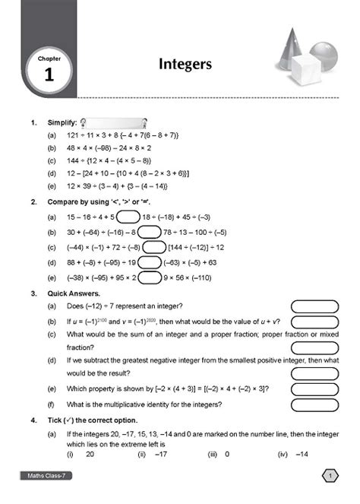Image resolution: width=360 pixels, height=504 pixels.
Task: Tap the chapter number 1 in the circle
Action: pos(49,74)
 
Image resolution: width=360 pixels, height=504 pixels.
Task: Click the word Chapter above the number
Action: pos(49,57)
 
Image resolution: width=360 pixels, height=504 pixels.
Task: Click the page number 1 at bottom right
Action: pos(330,476)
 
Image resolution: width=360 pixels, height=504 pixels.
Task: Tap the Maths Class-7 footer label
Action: pos(46,477)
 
